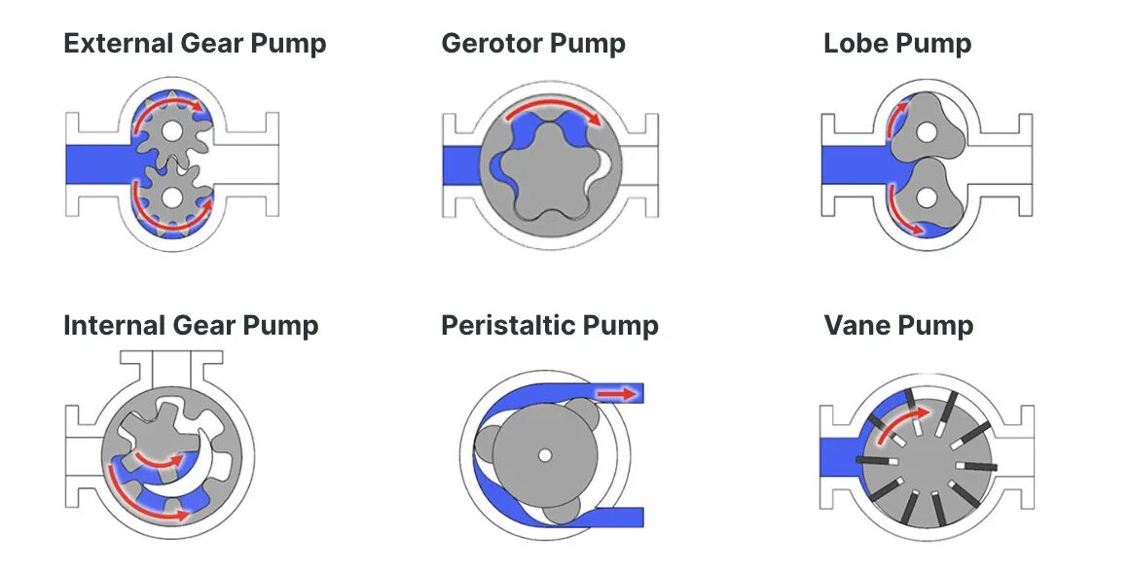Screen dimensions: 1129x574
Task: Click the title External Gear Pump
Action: pos(195,44)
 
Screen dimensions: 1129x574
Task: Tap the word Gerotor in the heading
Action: pos(495,44)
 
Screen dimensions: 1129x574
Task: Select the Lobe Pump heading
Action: pos(896,44)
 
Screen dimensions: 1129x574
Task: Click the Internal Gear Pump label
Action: pos(191,325)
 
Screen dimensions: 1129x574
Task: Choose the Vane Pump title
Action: pos(898,325)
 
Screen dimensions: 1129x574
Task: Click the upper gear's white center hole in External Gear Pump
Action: pos(172,129)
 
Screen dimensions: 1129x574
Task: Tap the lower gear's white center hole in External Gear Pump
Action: pos(172,197)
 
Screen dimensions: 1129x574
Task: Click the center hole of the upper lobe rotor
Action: pos(921,130)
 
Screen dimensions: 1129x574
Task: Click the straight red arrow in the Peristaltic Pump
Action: pos(613,393)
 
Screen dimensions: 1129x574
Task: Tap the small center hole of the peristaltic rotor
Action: pos(544,454)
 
